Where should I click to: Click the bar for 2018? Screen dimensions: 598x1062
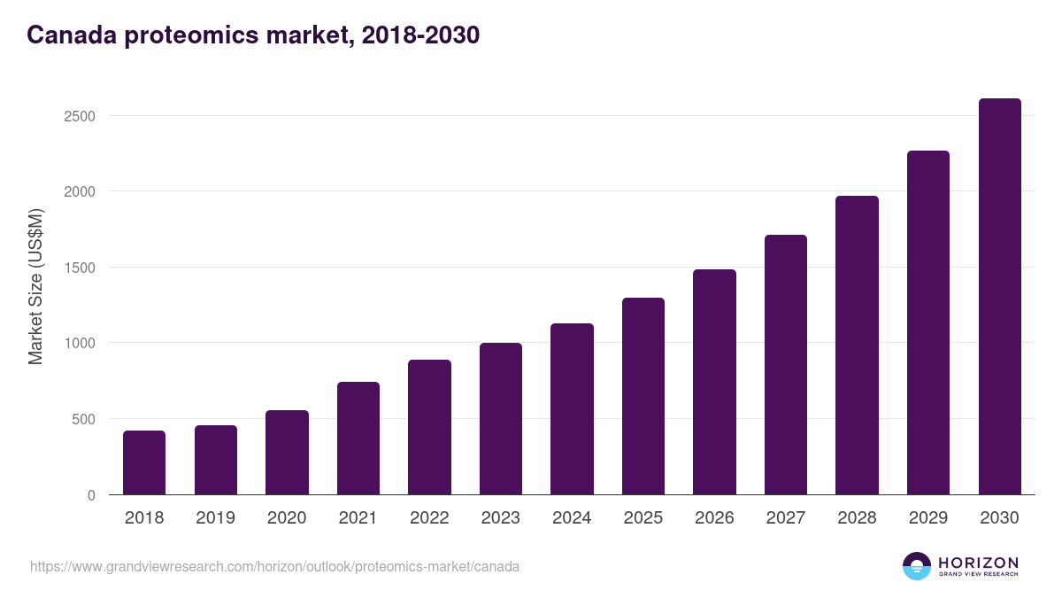tap(144, 462)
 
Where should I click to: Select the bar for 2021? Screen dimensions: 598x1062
tap(358, 439)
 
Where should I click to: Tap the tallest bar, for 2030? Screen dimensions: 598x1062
tap(999, 297)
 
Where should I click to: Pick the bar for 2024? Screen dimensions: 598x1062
tap(572, 409)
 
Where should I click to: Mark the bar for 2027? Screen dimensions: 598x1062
tap(786, 365)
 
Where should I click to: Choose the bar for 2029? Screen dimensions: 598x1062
tap(928, 322)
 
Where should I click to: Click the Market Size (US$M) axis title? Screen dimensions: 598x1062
tap(35, 286)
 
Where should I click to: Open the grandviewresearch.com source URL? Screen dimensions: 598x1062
tap(274, 566)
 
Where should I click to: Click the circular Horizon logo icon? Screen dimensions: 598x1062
tap(917, 566)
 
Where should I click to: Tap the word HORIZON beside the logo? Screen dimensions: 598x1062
tap(978, 562)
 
